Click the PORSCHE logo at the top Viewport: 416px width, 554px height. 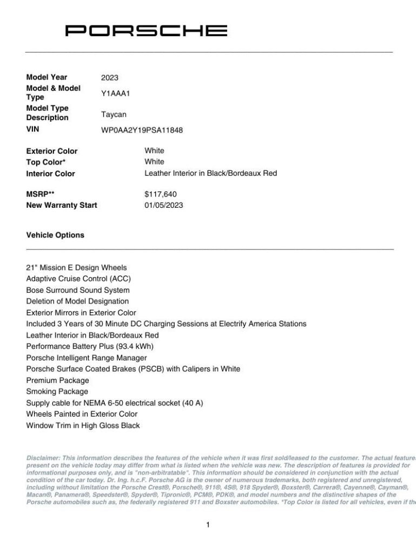tap(146, 31)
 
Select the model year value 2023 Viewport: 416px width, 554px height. tap(109, 77)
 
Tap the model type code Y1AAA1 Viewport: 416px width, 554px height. tap(116, 93)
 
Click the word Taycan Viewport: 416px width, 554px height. tap(114, 114)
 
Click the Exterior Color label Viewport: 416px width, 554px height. tap(51, 151)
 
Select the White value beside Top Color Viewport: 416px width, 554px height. tap(154, 162)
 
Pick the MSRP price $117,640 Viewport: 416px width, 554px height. tap(161, 194)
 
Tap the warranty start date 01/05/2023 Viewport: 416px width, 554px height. tap(164, 205)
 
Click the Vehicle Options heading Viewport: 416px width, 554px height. tap(55, 235)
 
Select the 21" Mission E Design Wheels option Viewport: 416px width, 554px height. tap(76, 268)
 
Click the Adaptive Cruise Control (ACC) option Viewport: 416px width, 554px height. tap(78, 279)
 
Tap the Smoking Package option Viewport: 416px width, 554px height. tap(57, 391)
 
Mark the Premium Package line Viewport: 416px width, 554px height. tap(57, 380)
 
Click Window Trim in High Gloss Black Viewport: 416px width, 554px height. tap(83, 425)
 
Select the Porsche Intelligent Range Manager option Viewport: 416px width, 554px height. tap(87, 358)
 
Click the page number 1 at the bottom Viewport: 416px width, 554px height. tap(208, 524)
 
